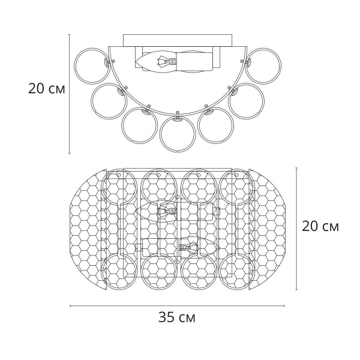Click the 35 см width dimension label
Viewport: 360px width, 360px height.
[177, 317]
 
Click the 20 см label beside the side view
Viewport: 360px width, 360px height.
[47, 89]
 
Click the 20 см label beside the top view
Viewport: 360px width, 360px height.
[320, 226]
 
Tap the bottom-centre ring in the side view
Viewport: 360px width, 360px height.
[178, 152]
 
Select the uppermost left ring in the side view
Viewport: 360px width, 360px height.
[76, 65]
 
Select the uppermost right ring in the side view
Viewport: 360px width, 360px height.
[280, 65]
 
